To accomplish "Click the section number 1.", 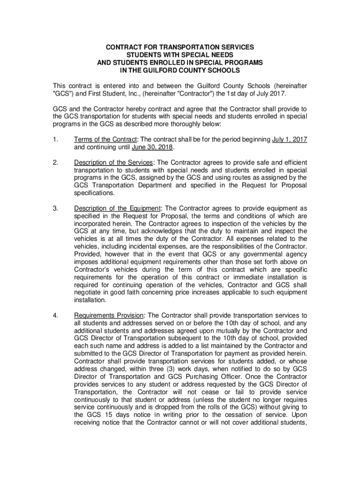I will click(55, 140).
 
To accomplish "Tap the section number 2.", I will click(55, 163).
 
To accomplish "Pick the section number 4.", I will click(55, 315).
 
